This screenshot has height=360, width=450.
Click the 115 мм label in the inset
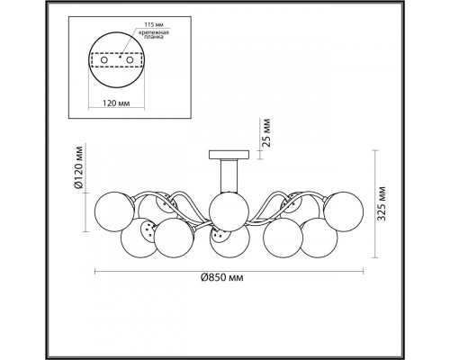[154, 24]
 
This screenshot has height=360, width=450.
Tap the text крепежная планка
[154, 35]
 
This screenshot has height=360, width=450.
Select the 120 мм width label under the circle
[116, 103]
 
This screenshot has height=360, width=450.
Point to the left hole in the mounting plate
[103, 60]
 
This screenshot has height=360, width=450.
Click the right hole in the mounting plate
[130, 60]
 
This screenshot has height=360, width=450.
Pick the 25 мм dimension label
[266, 132]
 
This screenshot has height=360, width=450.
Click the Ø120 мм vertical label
[78, 167]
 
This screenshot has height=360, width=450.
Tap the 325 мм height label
[382, 203]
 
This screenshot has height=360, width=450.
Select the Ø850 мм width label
[221, 278]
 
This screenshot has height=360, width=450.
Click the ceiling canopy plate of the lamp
[229, 155]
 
